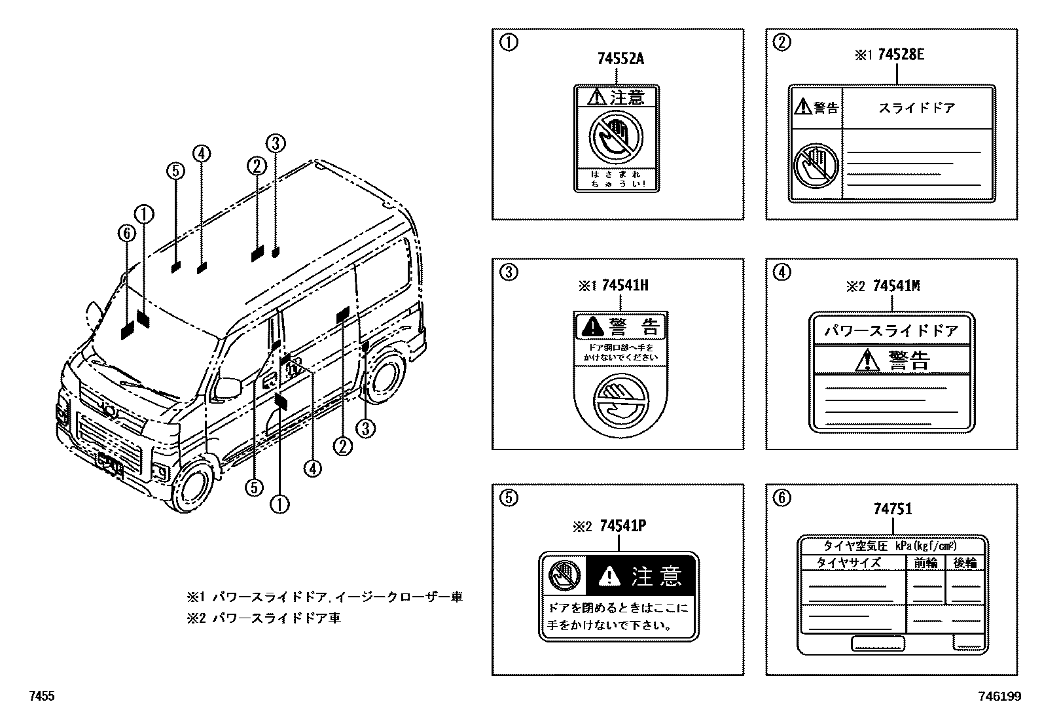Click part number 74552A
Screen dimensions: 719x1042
(x=620, y=59)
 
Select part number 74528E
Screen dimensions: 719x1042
(x=901, y=55)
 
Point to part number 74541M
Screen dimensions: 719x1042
(x=896, y=286)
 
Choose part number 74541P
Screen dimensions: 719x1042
(x=622, y=526)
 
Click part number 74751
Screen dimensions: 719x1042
(x=892, y=509)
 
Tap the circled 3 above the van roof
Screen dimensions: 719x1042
(x=276, y=143)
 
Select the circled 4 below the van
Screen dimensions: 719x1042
(x=312, y=468)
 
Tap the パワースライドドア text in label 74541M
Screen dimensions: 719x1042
(x=891, y=331)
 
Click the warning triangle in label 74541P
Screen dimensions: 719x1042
(x=609, y=576)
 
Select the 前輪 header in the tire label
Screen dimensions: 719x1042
(x=925, y=563)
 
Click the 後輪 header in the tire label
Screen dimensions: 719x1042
(x=965, y=563)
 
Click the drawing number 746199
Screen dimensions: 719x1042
(x=999, y=697)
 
